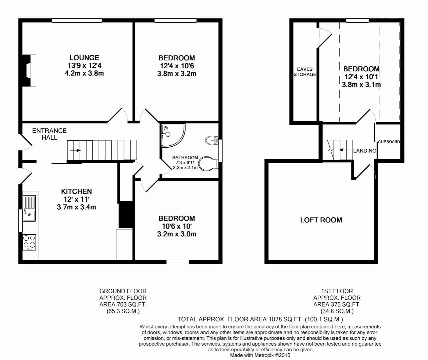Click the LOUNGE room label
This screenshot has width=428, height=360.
84,58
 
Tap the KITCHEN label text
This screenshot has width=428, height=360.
77,191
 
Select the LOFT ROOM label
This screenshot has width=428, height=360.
321,220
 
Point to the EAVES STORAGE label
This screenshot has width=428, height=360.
305,72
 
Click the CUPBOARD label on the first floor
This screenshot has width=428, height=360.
389,142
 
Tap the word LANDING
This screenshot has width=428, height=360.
365,151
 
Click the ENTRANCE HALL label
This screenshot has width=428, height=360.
49,134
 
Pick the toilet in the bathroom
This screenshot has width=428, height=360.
209,164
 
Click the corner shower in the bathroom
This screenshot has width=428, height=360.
173,135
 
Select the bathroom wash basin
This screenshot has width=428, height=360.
212,140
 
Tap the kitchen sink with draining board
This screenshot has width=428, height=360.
29,208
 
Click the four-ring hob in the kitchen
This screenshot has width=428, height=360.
29,242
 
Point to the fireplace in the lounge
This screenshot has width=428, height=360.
29,71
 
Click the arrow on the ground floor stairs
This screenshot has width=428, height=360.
75,150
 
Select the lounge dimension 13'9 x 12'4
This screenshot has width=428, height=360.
85,65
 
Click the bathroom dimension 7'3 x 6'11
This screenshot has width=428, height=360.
185,162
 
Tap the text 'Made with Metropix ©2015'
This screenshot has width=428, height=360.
260,355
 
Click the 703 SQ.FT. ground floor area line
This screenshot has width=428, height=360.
123,304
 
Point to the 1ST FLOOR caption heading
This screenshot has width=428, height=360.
337,291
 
